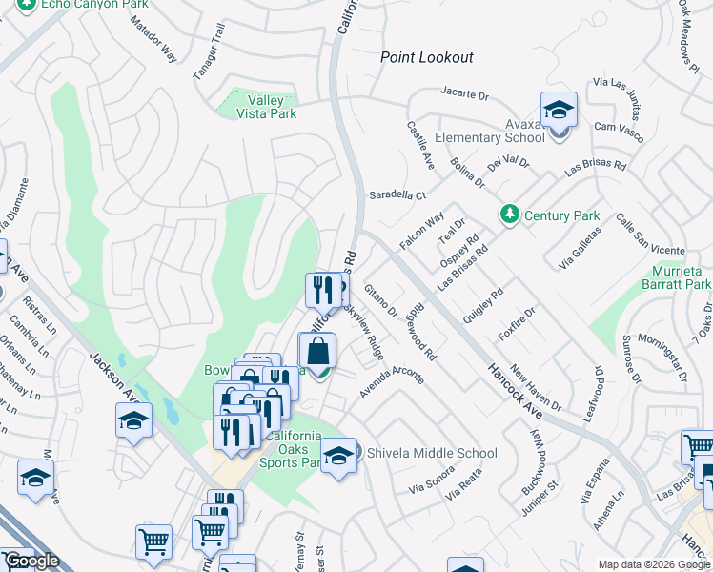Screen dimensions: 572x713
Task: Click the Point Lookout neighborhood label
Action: coord(426,57)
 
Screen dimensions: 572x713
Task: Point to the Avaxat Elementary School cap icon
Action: coord(559,111)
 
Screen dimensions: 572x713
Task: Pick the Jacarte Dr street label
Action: coord(464,94)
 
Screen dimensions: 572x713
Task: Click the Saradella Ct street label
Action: coord(397,194)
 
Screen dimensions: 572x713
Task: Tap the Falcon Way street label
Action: coord(422,232)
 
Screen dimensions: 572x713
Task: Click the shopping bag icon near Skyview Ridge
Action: coord(317,351)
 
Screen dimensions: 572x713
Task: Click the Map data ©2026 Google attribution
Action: coord(654,564)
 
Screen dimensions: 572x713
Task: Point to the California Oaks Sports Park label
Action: coord(293,449)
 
